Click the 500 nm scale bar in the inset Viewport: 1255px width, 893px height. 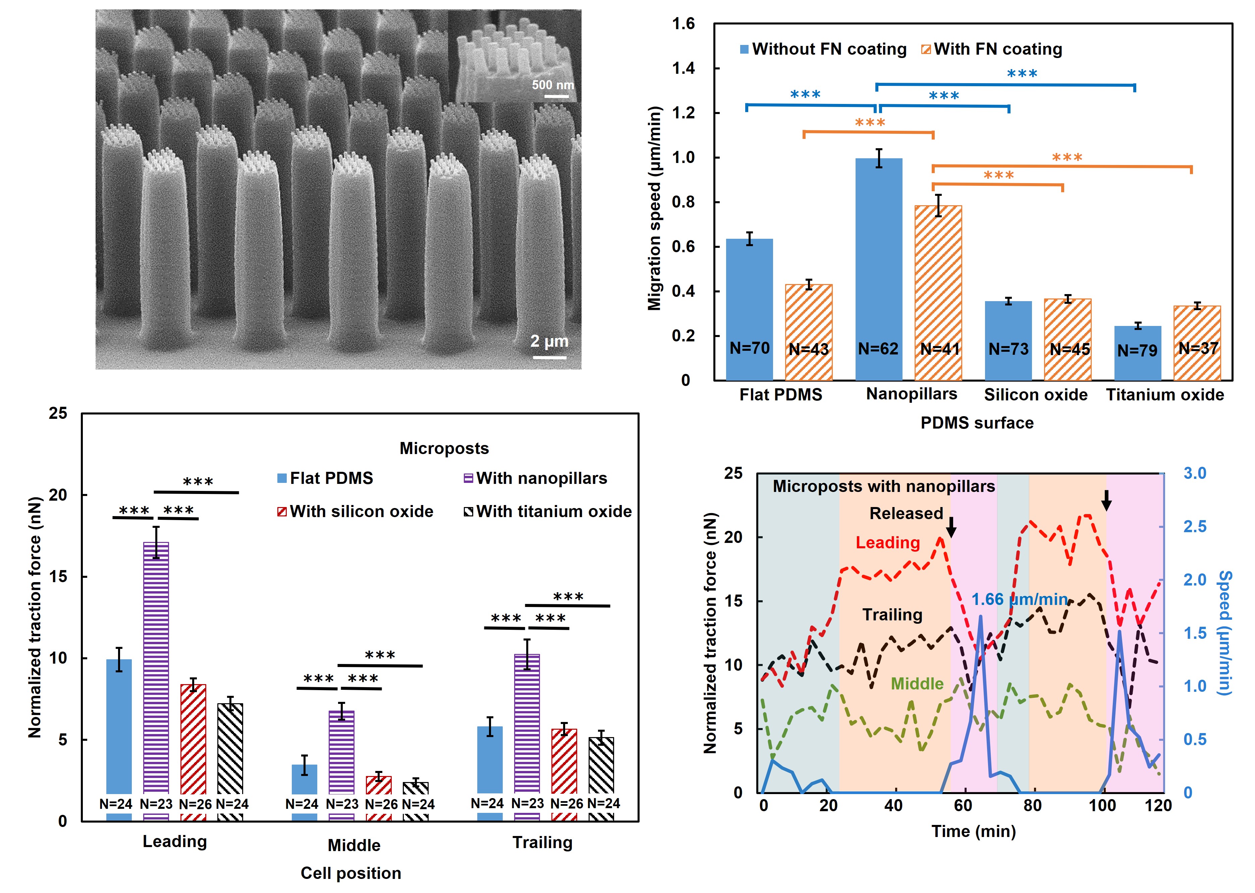(x=556, y=96)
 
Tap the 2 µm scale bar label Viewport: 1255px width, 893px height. (x=549, y=341)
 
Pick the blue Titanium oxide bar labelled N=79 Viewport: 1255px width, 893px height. (x=1137, y=352)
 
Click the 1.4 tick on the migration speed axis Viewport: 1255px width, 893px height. (x=683, y=68)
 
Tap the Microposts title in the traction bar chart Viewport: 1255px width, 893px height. (x=444, y=448)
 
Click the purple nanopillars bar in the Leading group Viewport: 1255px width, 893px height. (x=156, y=671)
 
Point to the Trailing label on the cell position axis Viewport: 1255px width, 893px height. (x=542, y=842)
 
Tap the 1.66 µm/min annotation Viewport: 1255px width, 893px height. (x=1019, y=599)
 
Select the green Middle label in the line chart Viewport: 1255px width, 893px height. (x=917, y=683)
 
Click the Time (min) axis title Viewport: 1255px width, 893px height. (x=973, y=831)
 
